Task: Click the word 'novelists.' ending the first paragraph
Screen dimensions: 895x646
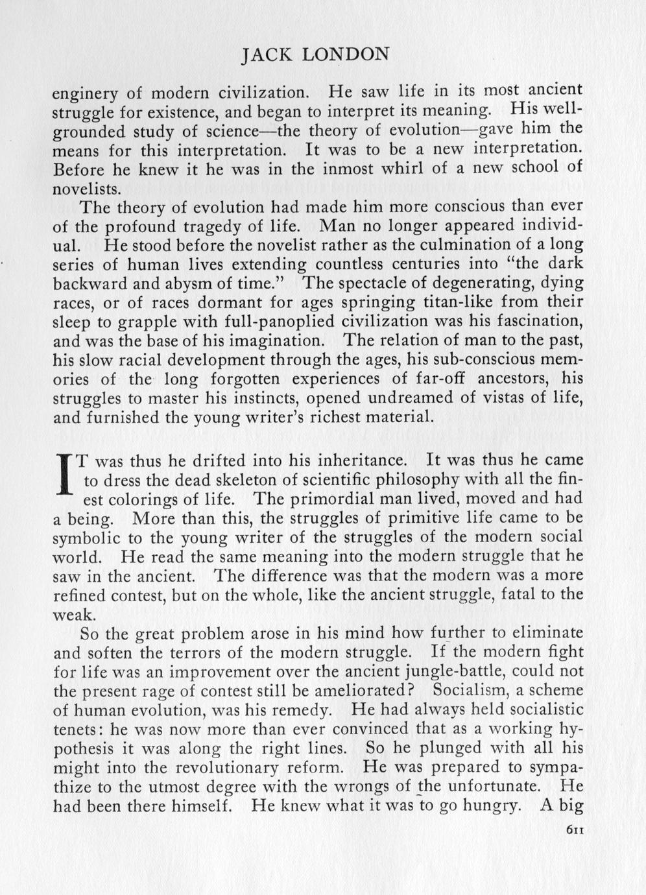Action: coord(86,189)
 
